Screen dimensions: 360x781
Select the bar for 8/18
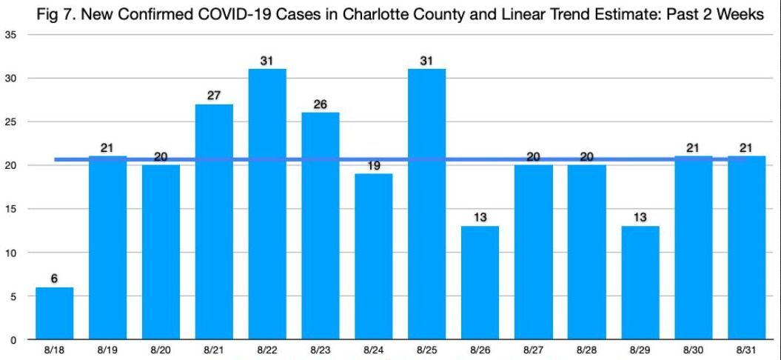[x=54, y=313]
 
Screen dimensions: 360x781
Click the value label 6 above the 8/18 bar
[x=54, y=278]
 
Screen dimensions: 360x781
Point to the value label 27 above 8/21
[x=214, y=95]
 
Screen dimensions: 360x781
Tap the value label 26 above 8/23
[x=321, y=104]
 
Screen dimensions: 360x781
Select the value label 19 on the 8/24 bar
[x=374, y=166]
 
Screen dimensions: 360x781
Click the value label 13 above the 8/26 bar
[x=480, y=217]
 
